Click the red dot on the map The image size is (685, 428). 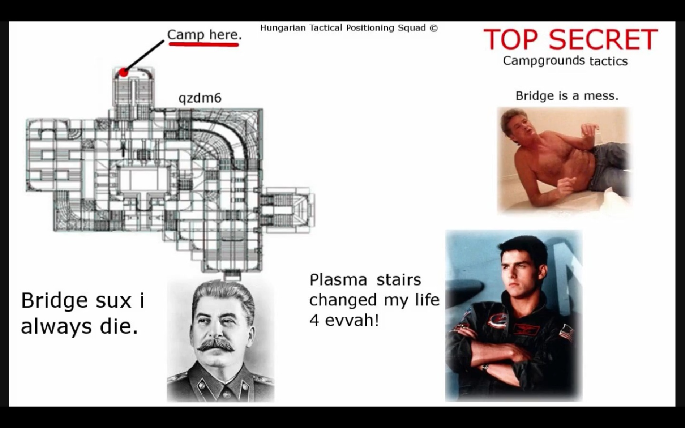tap(124, 72)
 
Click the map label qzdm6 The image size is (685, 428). tap(200, 98)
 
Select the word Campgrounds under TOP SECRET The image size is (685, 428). tap(544, 60)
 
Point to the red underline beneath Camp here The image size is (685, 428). tap(204, 45)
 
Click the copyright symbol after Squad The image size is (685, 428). tap(434, 28)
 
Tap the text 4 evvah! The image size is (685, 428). tap(344, 320)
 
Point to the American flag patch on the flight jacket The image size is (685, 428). tap(567, 334)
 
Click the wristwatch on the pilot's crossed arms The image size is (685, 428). tap(485, 367)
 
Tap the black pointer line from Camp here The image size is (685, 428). tap(144, 56)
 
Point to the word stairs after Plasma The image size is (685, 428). tap(399, 280)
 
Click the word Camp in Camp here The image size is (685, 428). tap(186, 35)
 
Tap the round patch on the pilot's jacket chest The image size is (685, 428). tap(497, 321)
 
